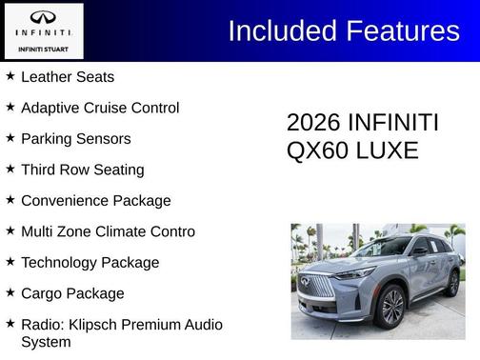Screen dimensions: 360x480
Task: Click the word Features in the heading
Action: coord(401,30)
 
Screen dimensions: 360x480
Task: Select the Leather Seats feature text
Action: coord(67,76)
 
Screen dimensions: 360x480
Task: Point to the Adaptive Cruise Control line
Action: coord(99,108)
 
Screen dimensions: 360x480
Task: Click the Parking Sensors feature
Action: coord(75,138)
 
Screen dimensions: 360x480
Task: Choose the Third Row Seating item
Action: coord(82,170)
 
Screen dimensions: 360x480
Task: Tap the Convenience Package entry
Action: coord(95,200)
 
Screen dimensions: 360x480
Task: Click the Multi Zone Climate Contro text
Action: coord(108,231)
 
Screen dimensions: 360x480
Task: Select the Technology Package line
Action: coord(90,262)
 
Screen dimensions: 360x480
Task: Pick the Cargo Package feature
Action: coord(72,293)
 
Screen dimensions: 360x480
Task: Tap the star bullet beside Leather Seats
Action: coord(10,75)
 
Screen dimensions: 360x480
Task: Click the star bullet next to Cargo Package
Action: coord(10,292)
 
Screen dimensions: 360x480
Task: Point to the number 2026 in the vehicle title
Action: coord(313,124)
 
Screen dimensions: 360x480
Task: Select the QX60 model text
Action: coord(315,150)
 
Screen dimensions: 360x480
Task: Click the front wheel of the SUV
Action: coord(390,307)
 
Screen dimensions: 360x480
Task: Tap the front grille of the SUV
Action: coord(319,286)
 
